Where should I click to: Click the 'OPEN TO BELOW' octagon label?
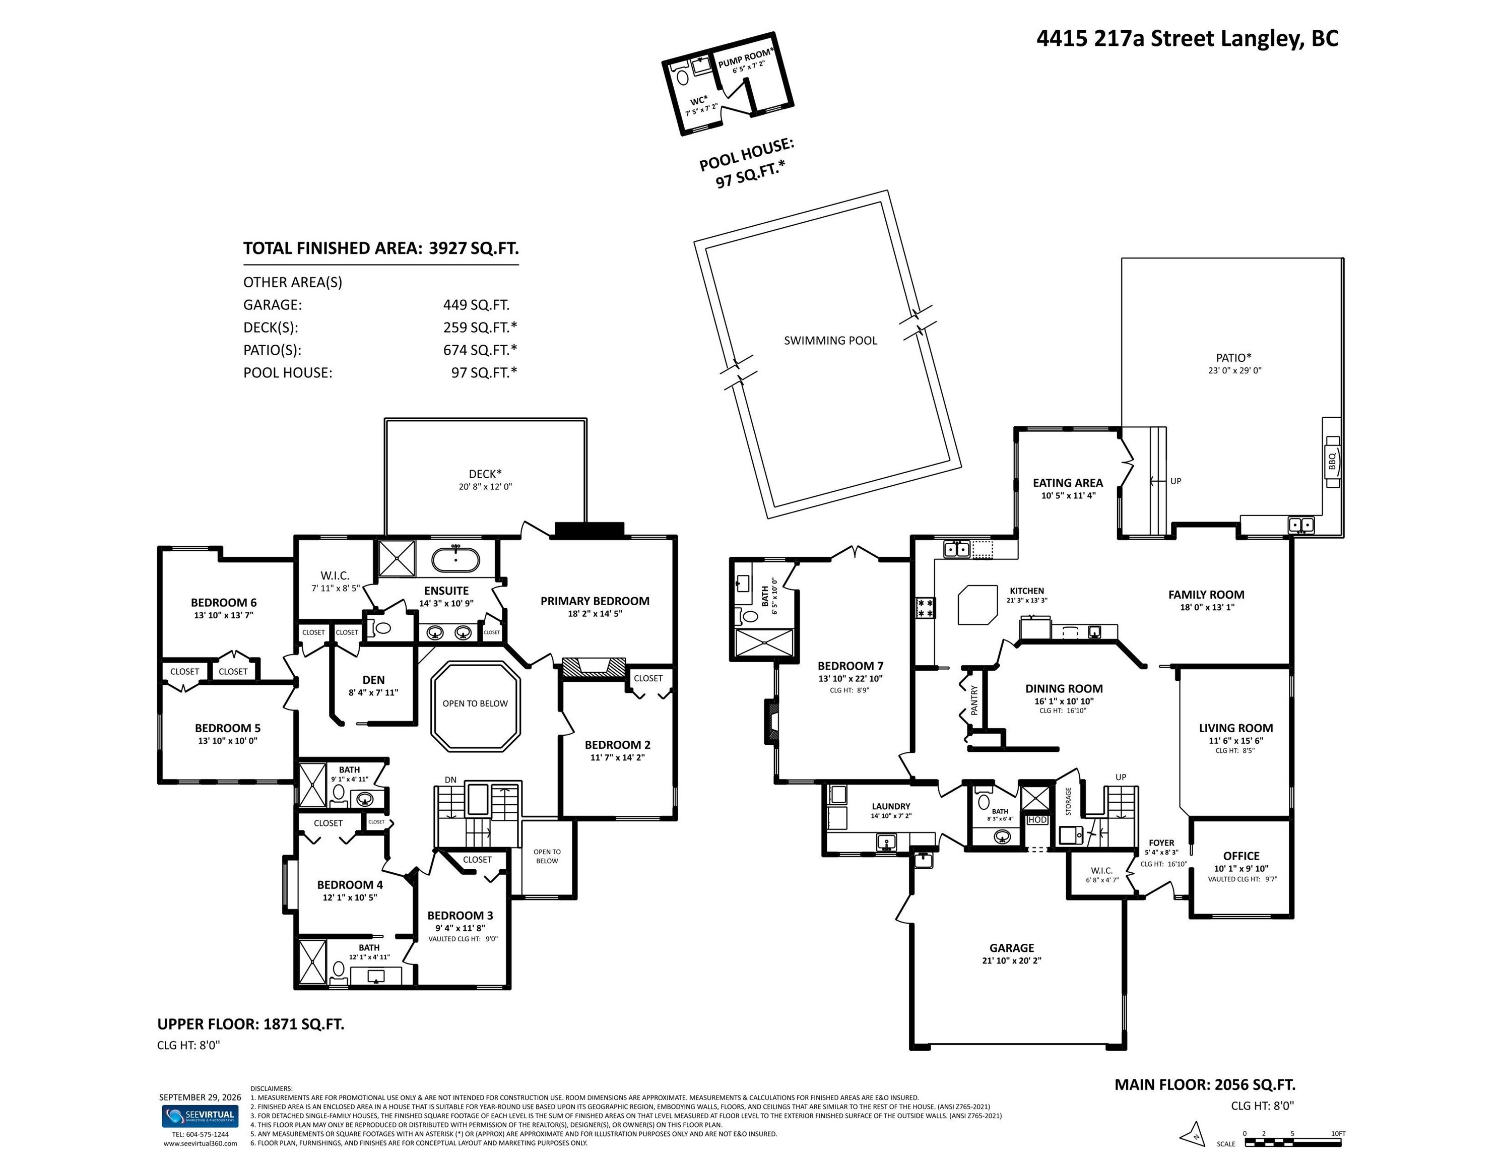[x=475, y=703]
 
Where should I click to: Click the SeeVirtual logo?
[x=200, y=1116]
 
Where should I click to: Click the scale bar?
[x=1293, y=1142]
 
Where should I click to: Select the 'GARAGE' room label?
[x=1012, y=948]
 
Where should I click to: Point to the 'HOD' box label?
[x=1037, y=820]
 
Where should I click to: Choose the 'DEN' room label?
[x=373, y=680]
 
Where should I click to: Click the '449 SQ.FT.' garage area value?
[x=477, y=305]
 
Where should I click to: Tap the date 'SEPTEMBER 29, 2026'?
[x=200, y=1097]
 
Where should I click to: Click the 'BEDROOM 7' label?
[x=851, y=666]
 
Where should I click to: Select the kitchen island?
[x=977, y=605]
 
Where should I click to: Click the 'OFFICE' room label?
[x=1242, y=856]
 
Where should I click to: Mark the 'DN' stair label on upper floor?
[x=450, y=780]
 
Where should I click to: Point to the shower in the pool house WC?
[x=701, y=66]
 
